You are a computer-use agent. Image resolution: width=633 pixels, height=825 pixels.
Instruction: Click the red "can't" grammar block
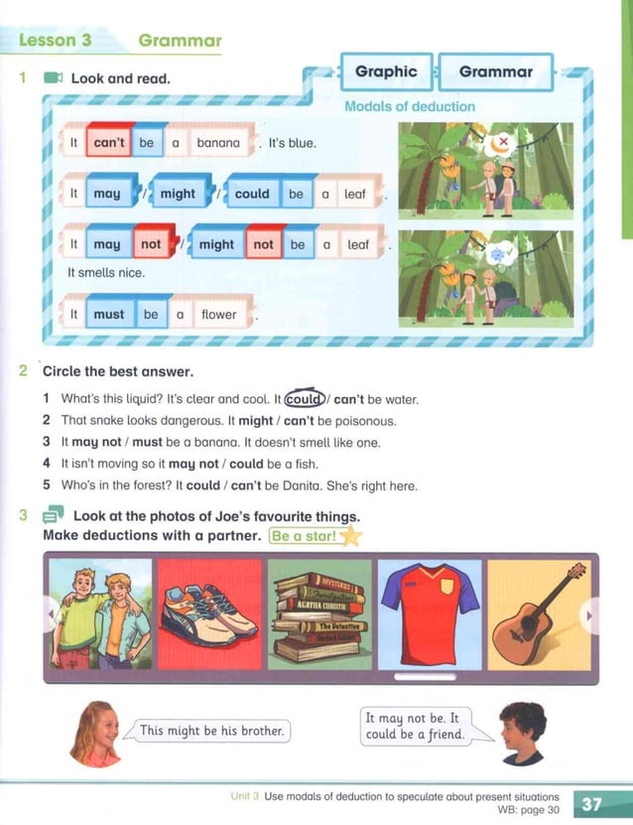coord(109,141)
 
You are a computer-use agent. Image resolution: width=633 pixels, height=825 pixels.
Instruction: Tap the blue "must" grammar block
coord(109,313)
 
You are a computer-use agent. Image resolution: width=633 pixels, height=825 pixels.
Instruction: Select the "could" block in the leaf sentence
coord(252,193)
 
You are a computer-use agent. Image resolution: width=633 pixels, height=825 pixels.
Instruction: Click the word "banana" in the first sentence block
coord(218,143)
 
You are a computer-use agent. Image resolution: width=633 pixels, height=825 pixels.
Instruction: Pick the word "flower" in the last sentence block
coord(218,314)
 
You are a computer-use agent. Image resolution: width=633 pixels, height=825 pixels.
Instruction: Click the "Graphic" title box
coord(386,71)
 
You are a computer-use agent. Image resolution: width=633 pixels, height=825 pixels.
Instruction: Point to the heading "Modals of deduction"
coord(410,106)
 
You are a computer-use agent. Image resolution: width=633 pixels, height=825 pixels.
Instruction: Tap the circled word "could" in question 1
coord(304,399)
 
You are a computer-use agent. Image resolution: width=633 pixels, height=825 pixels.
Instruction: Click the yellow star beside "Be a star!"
coord(351,537)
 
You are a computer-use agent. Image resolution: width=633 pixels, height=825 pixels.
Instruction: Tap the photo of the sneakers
coord(209,614)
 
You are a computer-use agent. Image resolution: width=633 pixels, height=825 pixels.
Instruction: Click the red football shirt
coord(430,615)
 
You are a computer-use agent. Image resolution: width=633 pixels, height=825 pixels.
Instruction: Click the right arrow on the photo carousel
coord(588,615)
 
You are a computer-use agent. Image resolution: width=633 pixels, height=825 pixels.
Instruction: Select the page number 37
coord(591,804)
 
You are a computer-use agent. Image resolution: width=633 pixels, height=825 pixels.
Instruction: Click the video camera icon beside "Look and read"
coord(54,78)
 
